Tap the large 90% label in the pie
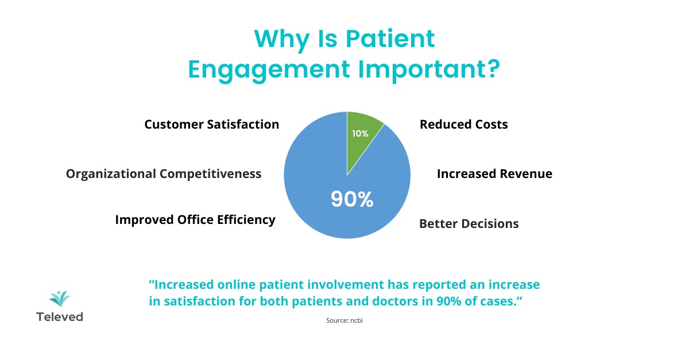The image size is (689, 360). pos(352,199)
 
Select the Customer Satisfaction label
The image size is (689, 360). pos(211,125)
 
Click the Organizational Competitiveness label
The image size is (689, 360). pos(164,173)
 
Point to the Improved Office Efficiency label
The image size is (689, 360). pos(195,219)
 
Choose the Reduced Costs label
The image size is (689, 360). pos(463,125)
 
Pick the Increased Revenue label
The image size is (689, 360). pos(494,173)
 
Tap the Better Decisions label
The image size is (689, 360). pos(469,223)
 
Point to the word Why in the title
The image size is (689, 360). pos(281,38)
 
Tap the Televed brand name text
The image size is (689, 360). pos(60,317)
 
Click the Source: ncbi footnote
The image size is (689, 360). pos(344,320)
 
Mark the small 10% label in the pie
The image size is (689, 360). pos(360,134)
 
